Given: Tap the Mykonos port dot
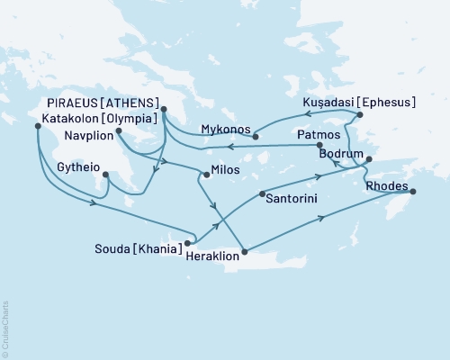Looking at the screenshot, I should pyautogui.click(x=256, y=137).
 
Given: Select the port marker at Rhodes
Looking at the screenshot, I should pyautogui.click(x=413, y=191).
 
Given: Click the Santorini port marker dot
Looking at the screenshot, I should pyautogui.click(x=261, y=193).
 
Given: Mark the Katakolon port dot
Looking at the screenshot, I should pyautogui.click(x=37, y=126).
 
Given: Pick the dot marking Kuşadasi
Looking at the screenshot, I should pyautogui.click(x=359, y=115).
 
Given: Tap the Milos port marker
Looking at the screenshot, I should pyautogui.click(x=206, y=175).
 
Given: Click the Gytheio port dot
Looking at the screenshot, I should pyautogui.click(x=106, y=175).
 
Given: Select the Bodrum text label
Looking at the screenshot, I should pyautogui.click(x=341, y=155).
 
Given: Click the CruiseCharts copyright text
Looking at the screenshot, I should pyautogui.click(x=6, y=329).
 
